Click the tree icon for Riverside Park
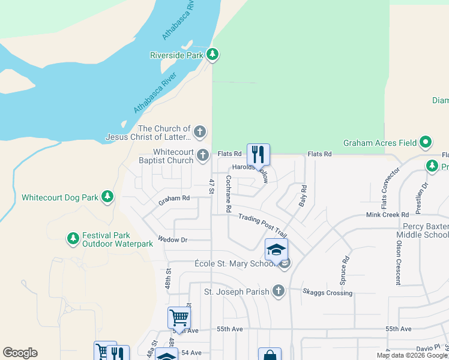(212, 55)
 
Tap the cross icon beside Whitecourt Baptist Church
(203, 155)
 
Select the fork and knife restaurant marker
(258, 154)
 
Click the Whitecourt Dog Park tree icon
(107, 196)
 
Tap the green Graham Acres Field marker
(426, 143)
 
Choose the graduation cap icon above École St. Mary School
(276, 249)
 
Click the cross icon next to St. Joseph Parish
(278, 291)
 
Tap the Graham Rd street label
(174, 199)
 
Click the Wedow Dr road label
(173, 239)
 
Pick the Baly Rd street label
(303, 196)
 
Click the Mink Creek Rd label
(387, 214)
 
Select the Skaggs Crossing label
(327, 293)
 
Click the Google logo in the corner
(20, 353)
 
